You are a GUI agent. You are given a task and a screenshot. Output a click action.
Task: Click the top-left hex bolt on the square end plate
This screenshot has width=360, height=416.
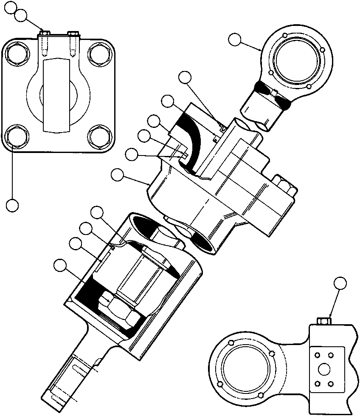[x=17, y=55]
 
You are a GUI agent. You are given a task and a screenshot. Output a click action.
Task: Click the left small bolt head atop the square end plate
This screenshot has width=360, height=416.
[x=44, y=32]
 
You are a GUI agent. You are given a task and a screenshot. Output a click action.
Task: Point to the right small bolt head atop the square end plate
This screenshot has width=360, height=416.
[x=73, y=32]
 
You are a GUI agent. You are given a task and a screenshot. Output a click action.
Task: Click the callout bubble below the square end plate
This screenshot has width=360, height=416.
[x=12, y=205]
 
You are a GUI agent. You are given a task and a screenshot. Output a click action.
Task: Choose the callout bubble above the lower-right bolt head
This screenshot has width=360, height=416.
[x=340, y=283]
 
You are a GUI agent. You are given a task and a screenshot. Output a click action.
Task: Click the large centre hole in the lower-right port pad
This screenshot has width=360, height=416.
[x=327, y=369]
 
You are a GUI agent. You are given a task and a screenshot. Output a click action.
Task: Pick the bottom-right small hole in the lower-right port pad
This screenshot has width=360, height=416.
[x=330, y=384]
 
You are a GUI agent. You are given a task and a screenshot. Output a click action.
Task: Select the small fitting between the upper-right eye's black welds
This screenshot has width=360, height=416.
[x=274, y=93]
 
